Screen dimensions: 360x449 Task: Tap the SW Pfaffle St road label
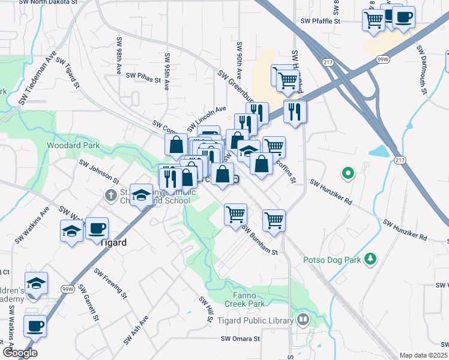pyautogui.click(x=321, y=21)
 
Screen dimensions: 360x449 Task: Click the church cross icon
pyautogui.click(x=110, y=195)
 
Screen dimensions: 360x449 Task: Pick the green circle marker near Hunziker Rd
pyautogui.click(x=347, y=175)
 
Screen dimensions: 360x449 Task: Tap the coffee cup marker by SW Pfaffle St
pyautogui.click(x=403, y=17)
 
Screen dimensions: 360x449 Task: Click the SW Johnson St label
pyautogui.click(x=99, y=170)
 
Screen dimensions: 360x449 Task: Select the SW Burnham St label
pyautogui.click(x=260, y=239)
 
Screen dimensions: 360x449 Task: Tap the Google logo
pyautogui.click(x=20, y=353)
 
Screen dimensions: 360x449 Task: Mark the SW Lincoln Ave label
pyautogui.click(x=206, y=115)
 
